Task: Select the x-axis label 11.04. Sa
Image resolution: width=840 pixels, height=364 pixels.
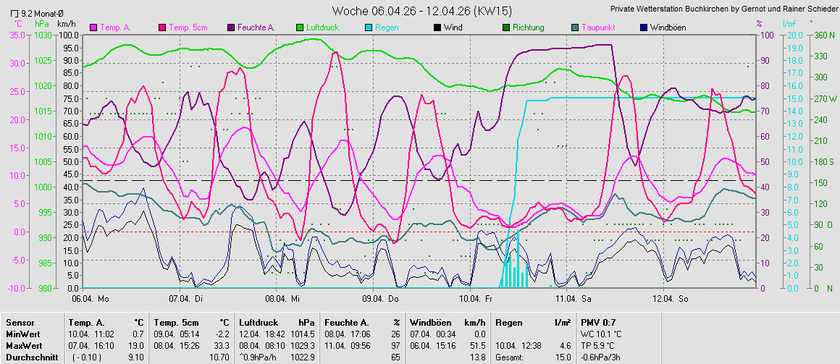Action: pos(572,298)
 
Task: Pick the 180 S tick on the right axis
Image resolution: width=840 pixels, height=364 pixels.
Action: pos(823,161)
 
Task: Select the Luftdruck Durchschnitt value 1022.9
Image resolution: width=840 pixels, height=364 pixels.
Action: pos(303,357)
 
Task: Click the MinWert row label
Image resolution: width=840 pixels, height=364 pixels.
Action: pos(22,334)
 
